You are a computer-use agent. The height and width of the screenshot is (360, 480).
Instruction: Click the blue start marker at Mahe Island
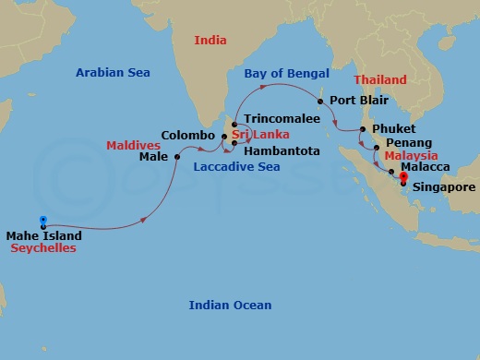(x=42, y=221)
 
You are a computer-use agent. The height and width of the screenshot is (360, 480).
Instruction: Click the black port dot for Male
(x=176, y=157)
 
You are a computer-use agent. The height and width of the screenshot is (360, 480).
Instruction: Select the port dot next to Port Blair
(x=319, y=101)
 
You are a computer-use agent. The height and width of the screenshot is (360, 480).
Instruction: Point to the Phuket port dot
(x=363, y=129)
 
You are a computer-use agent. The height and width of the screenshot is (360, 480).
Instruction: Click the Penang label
(x=408, y=145)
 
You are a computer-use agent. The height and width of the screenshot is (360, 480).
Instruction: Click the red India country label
(x=210, y=40)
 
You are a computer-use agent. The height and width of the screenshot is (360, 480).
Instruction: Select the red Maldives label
(x=133, y=145)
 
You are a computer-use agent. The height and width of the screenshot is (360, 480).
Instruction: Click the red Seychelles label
(x=43, y=248)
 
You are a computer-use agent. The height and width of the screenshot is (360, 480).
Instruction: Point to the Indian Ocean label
(x=230, y=306)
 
